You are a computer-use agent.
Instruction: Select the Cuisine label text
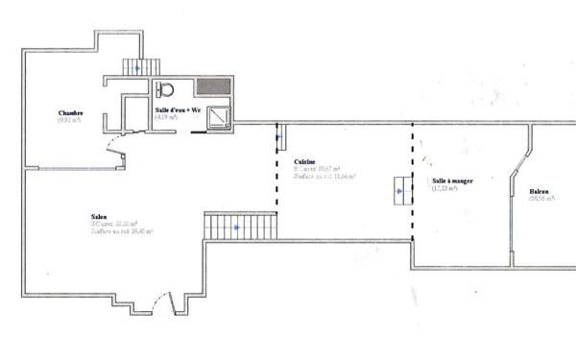click(307, 162)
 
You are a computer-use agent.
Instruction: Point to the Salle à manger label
click(453, 180)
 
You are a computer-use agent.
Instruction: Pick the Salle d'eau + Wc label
click(178, 110)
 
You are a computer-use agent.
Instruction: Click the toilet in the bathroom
click(164, 90)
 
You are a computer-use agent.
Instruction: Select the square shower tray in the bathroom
click(220, 115)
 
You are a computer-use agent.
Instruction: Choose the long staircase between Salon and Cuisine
click(240, 228)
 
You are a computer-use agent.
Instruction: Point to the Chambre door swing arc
click(116, 150)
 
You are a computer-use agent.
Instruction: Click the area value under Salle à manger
click(445, 188)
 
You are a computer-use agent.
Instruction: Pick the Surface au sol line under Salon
click(122, 231)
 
